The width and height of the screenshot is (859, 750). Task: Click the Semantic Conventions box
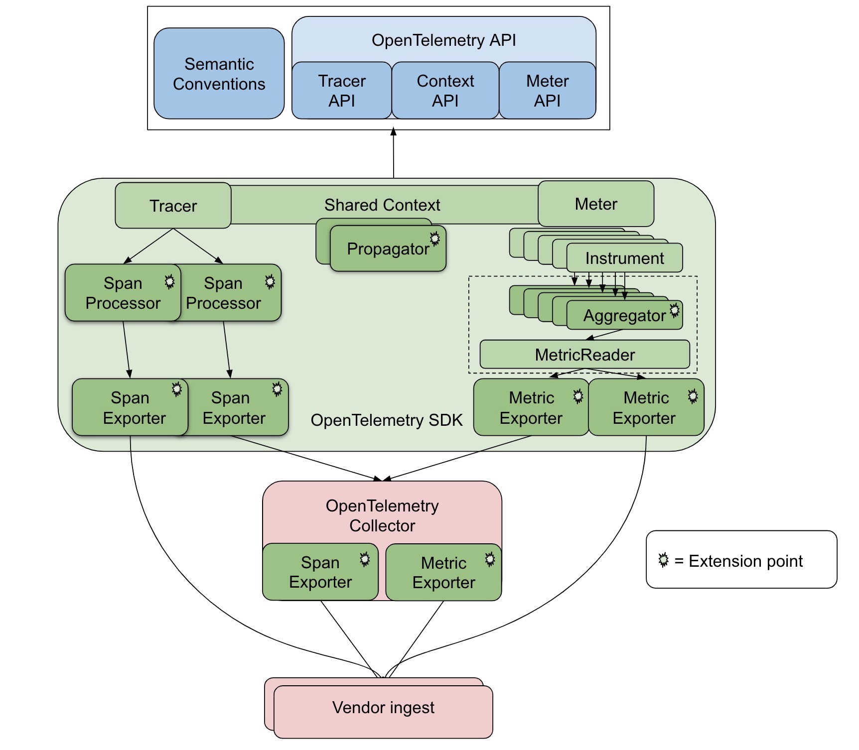point(219,74)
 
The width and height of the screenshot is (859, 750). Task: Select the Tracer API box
point(342,91)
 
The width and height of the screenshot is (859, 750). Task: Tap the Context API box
point(445,91)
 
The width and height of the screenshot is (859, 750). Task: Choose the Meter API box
point(547,91)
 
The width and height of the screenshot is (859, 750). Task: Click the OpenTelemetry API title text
point(443,40)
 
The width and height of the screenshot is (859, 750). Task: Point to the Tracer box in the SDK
point(173,206)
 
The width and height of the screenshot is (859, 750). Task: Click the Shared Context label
point(382,205)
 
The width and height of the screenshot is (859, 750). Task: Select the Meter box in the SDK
point(596,204)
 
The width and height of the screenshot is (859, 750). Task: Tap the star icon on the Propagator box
point(435,239)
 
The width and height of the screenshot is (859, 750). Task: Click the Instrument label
point(624,258)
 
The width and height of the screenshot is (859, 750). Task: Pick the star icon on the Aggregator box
point(675,310)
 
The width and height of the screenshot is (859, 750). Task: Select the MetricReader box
point(584,355)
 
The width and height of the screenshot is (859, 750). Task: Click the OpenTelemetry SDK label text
point(387,420)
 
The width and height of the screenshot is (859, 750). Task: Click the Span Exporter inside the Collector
point(320,572)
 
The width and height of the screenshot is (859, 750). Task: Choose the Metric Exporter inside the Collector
point(443,573)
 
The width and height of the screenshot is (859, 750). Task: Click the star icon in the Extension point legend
point(663,560)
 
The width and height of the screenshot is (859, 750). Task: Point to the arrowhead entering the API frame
point(393,132)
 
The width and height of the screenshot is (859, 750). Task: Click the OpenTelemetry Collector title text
point(382,515)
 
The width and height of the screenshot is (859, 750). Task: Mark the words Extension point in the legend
point(745,561)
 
